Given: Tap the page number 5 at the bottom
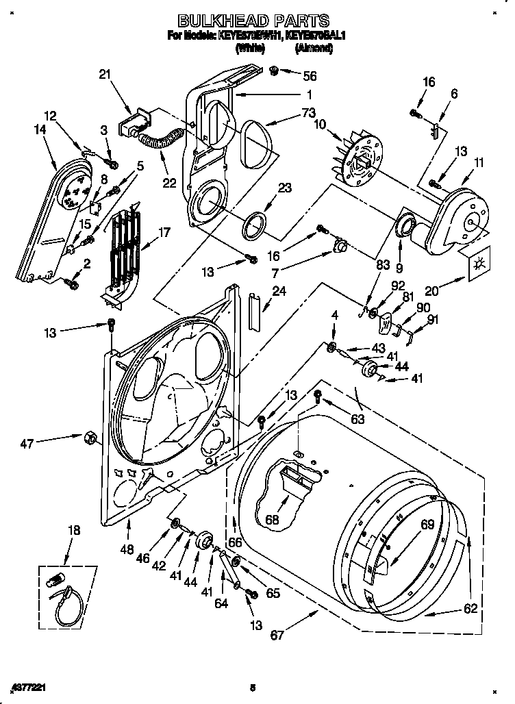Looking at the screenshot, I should click(x=253, y=688).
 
